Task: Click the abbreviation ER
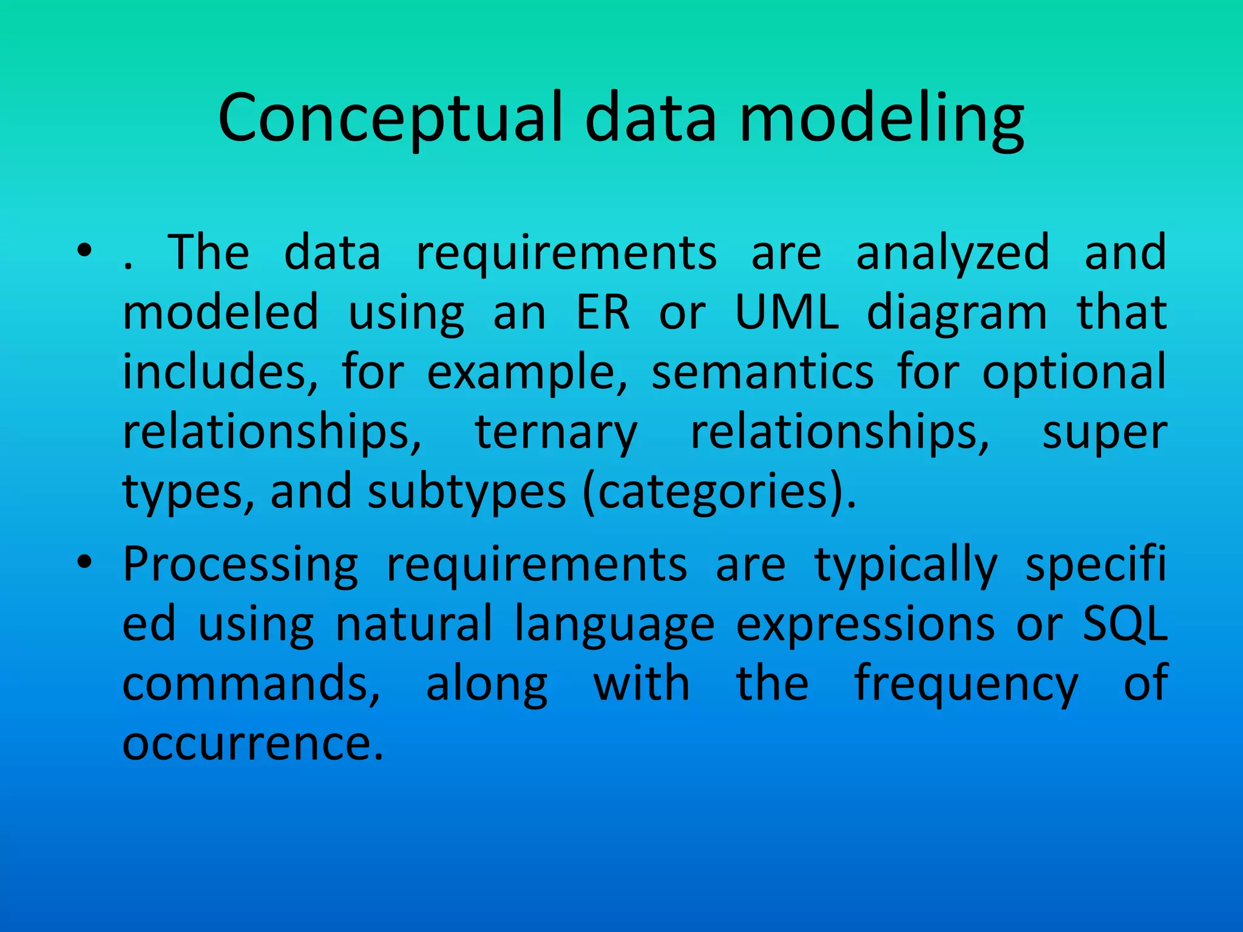602,312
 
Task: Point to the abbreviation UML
787,312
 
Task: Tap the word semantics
762,371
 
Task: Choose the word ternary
555,433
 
